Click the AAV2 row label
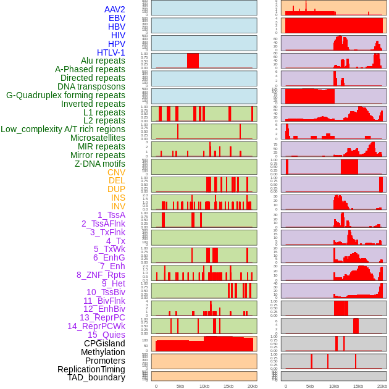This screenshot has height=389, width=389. pyautogui.click(x=115, y=9)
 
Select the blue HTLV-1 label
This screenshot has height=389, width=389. pyautogui.click(x=111, y=52)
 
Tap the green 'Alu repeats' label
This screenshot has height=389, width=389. pyautogui.click(x=103, y=61)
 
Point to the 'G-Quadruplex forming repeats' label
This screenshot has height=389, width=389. pyautogui.click(x=65, y=95)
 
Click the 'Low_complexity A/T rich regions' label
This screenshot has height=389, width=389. pyautogui.click(x=63, y=129)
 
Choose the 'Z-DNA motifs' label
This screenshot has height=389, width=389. pyautogui.click(x=100, y=164)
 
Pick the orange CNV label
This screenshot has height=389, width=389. pyautogui.click(x=116, y=172)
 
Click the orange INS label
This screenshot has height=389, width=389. pyautogui.click(x=117, y=198)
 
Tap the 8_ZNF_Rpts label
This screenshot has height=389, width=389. pyautogui.click(x=101, y=275)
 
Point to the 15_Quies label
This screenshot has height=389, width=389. pyautogui.click(x=106, y=335)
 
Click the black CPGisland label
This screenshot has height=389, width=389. pyautogui.click(x=104, y=343)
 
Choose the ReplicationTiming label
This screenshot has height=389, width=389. pyautogui.click(x=91, y=369)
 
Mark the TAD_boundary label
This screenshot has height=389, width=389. pyautogui.click(x=96, y=377)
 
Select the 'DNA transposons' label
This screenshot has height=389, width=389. pyautogui.click(x=91, y=86)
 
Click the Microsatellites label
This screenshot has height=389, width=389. pyautogui.click(x=98, y=138)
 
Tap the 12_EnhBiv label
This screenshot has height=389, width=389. pyautogui.click(x=104, y=309)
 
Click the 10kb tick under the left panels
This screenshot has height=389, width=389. pyautogui.click(x=204, y=386)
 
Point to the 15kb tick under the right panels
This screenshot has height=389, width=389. pyautogui.click(x=358, y=386)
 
